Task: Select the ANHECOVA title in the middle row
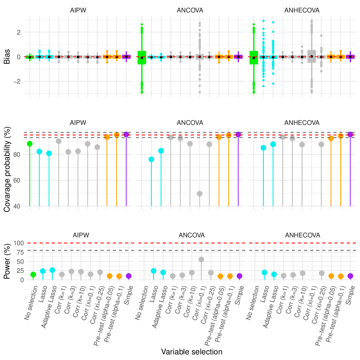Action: (x=302, y=123)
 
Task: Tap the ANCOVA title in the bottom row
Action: (x=191, y=235)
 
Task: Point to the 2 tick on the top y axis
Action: (x=19, y=33)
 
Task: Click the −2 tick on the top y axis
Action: (x=17, y=82)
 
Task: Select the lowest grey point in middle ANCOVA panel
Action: (x=200, y=193)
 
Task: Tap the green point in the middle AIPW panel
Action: (x=30, y=144)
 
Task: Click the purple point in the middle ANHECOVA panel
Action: (x=350, y=134)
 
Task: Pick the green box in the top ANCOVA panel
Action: (x=142, y=57)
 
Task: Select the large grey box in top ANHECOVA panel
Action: (x=312, y=56)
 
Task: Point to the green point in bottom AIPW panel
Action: (x=33, y=275)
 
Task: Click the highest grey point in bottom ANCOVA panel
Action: (x=201, y=259)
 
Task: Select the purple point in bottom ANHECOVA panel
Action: (x=350, y=276)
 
